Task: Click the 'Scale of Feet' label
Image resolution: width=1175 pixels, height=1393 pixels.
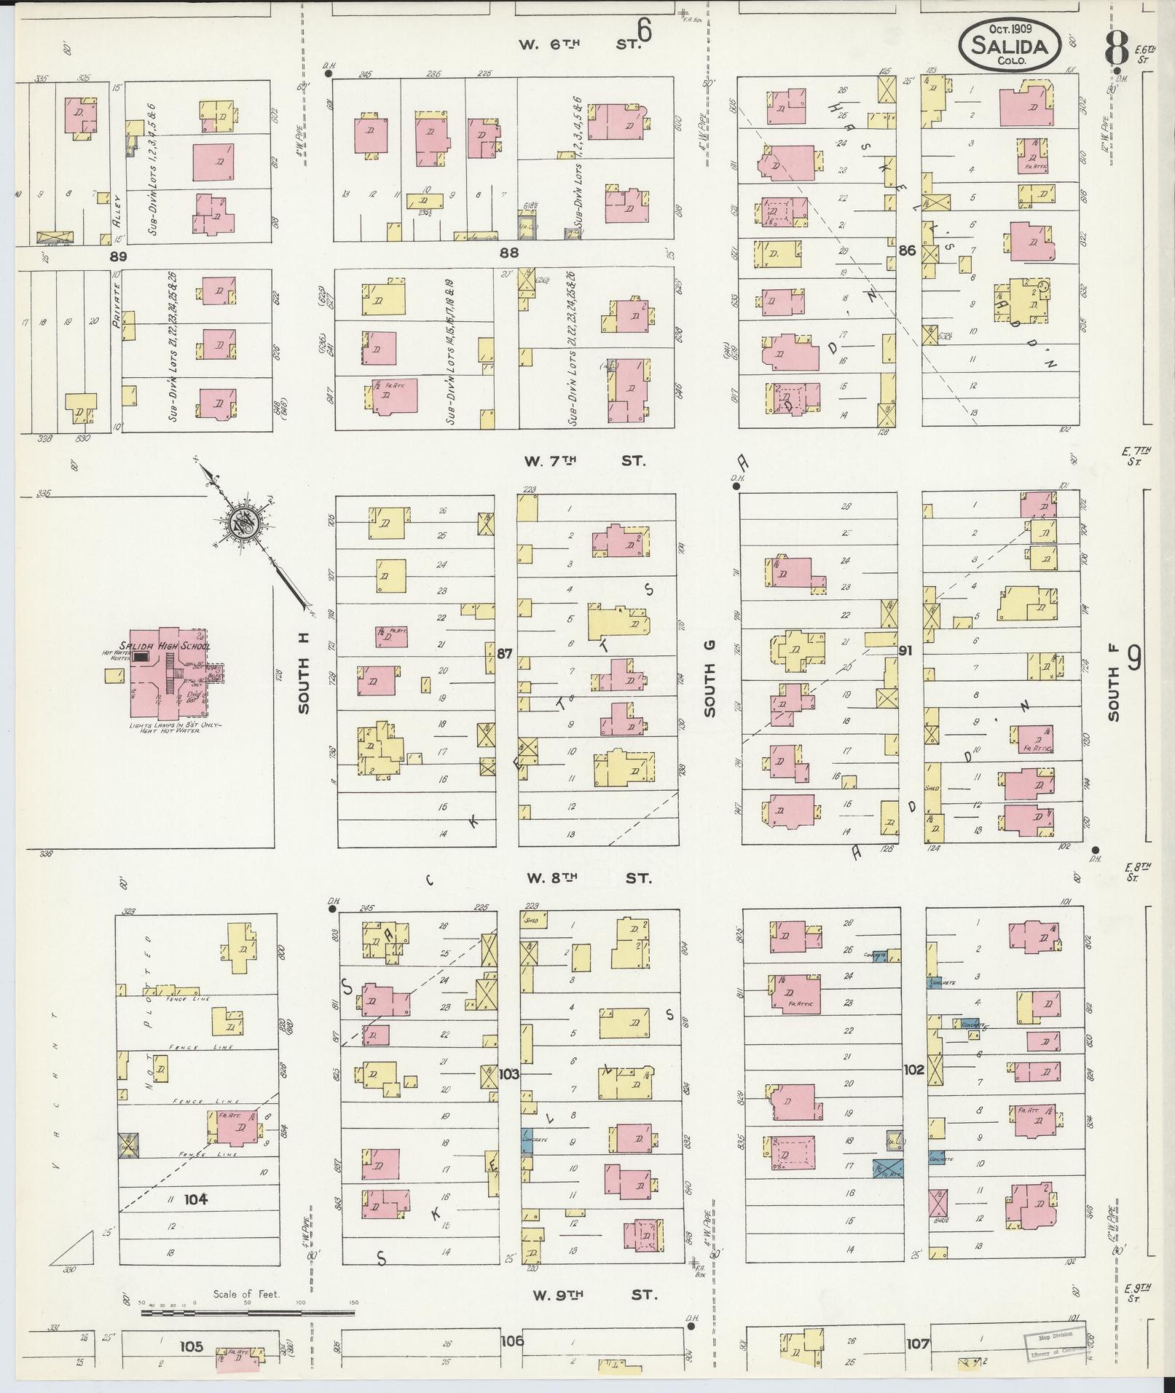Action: point(247,1294)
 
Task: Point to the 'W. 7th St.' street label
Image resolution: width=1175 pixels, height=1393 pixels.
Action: point(585,461)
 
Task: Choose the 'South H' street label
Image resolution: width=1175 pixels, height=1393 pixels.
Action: point(304,673)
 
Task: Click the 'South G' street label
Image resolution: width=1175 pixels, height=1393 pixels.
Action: point(710,678)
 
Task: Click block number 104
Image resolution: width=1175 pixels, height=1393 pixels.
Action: point(195,1199)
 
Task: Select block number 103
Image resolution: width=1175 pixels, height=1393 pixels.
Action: point(509,1073)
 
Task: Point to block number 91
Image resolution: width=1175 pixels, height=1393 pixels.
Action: point(905,650)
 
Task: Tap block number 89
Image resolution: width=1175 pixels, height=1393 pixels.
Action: point(118,256)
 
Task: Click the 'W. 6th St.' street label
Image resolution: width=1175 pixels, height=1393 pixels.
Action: point(579,44)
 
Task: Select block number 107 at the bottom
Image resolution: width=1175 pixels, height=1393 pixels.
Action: point(918,1343)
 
